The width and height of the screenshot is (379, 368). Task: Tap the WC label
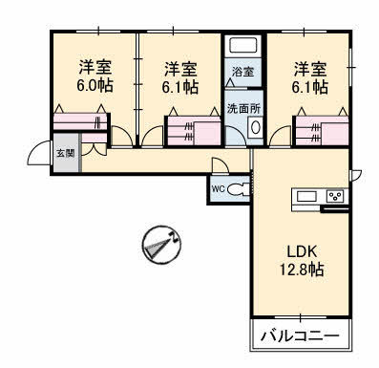coord(218,188)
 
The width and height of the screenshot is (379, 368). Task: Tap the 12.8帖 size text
coord(303,271)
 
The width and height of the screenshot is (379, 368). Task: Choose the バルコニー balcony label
coord(300,336)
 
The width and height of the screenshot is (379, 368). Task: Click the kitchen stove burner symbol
coord(336,197)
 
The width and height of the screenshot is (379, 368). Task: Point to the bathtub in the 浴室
coord(242,45)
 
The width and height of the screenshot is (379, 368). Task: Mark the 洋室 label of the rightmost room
coord(311,69)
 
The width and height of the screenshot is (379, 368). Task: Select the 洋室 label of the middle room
coord(181,69)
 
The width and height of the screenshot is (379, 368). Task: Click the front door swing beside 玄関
coord(38,153)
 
